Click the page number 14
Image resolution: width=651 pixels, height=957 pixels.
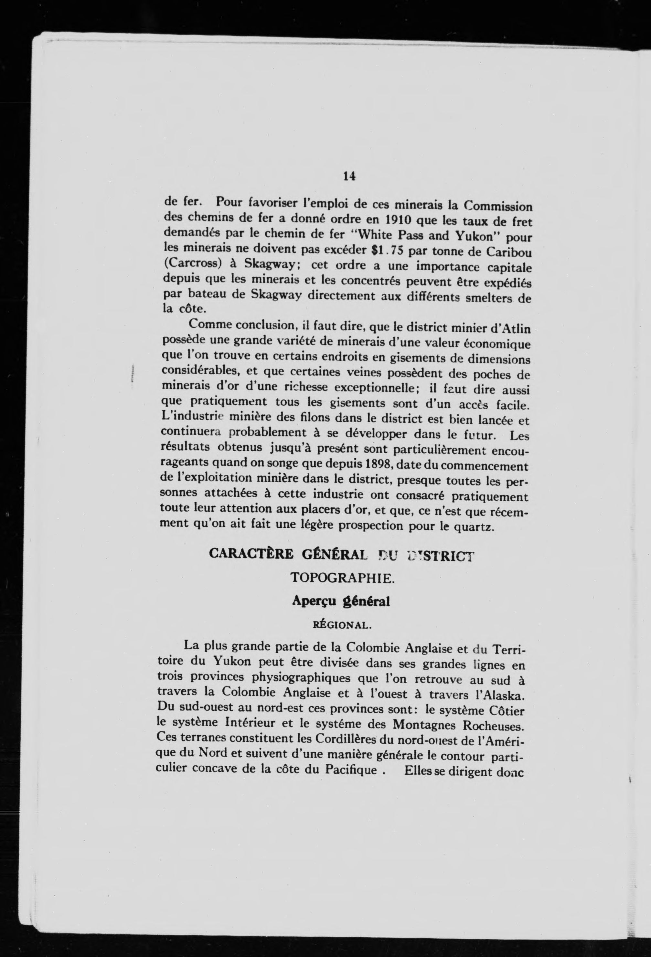(x=349, y=176)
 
